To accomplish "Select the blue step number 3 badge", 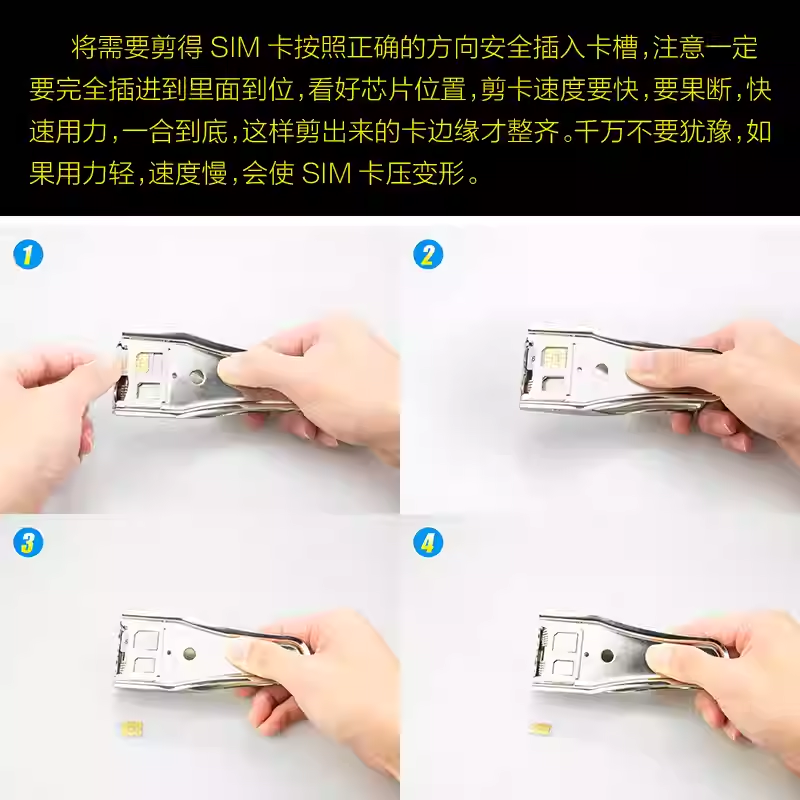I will click(28, 544).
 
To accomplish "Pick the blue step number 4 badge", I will click(428, 544).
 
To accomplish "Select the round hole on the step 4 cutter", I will click(606, 656).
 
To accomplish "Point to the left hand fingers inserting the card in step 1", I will click(95, 375).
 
